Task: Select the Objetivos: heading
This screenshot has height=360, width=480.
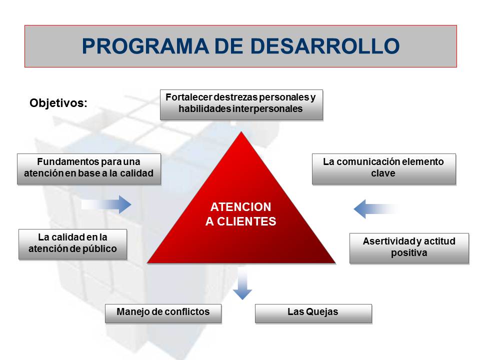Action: point(58,103)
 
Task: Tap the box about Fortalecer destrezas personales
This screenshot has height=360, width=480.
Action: point(241,104)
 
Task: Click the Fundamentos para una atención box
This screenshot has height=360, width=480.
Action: point(88,168)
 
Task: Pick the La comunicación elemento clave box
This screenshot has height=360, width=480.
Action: point(383,168)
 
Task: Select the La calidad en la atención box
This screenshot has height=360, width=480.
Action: point(72,243)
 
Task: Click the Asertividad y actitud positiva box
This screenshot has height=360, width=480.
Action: point(408,247)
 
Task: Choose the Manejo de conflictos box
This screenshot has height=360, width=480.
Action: point(163,312)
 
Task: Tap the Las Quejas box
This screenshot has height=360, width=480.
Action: point(313,312)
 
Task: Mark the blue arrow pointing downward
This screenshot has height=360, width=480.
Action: point(242,285)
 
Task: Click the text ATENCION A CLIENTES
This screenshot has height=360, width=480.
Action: point(240,214)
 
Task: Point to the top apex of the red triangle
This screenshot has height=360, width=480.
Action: point(241,133)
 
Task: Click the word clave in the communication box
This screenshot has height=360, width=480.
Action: point(383,173)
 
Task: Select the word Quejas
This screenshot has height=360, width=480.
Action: point(322,312)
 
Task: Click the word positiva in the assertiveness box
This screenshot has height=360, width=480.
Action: point(408,252)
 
